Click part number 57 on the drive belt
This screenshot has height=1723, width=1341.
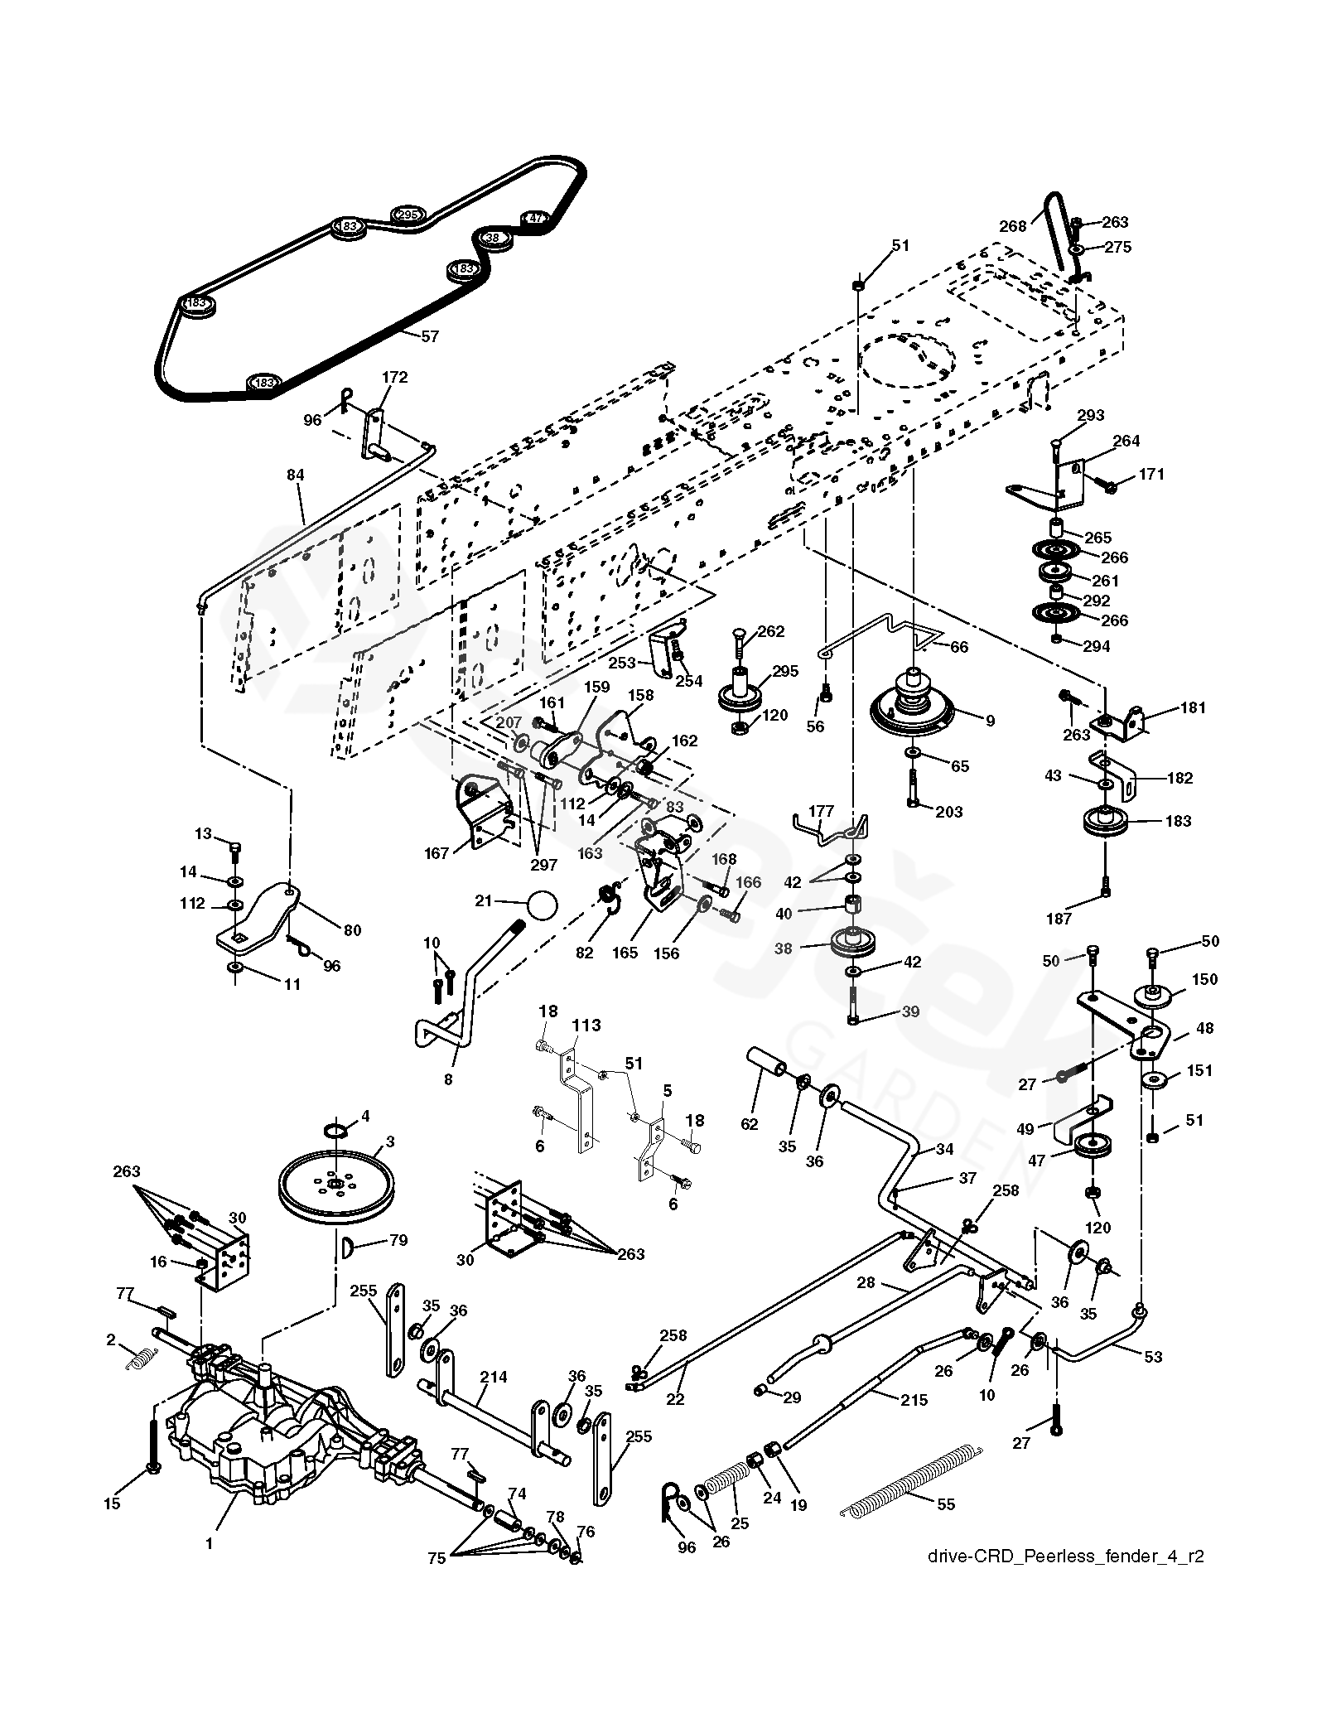[430, 336]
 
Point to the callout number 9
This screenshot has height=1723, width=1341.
[989, 721]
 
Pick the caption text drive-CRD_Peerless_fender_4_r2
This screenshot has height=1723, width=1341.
[1066, 1580]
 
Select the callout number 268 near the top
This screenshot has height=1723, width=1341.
[1013, 225]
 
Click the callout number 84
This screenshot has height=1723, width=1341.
[296, 475]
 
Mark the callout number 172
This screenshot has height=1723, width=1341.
[394, 377]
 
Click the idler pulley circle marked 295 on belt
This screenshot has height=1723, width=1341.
[406, 215]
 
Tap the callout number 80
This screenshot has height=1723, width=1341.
[352, 929]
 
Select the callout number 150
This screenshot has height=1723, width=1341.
[1204, 979]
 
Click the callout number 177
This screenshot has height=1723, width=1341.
[822, 810]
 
